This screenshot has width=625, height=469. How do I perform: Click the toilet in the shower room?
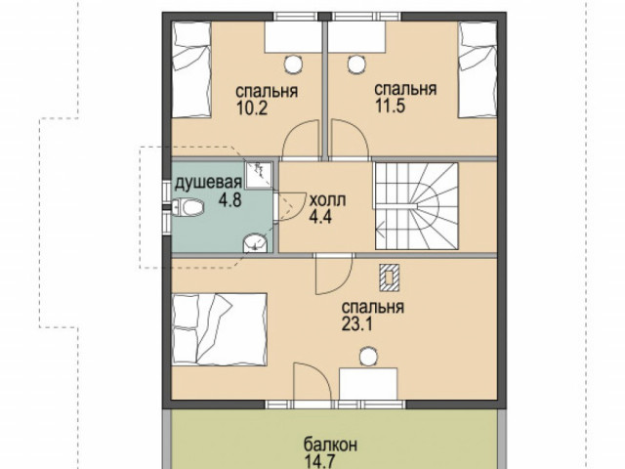pyautogui.click(x=188, y=207)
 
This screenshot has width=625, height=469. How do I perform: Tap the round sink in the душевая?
pyautogui.click(x=255, y=243)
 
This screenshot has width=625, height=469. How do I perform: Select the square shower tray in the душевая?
pyautogui.click(x=258, y=175)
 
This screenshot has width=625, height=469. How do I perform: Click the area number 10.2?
pyautogui.click(x=252, y=108)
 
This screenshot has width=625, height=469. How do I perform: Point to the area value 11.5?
pyautogui.click(x=391, y=107)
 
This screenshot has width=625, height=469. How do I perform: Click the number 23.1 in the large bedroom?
pyautogui.click(x=357, y=324)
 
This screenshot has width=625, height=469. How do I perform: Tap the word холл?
pyautogui.click(x=328, y=199)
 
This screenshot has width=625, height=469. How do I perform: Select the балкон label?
pyautogui.click(x=330, y=445)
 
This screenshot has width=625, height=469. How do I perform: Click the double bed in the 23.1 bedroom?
pyautogui.click(x=219, y=329)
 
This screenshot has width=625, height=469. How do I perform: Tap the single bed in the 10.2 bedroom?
pyautogui.click(x=191, y=69)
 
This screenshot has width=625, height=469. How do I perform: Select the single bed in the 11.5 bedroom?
pyautogui.click(x=478, y=69)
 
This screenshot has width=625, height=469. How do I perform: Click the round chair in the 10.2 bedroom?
pyautogui.click(x=293, y=64)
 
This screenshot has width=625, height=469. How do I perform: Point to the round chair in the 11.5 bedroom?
pyautogui.click(x=356, y=64)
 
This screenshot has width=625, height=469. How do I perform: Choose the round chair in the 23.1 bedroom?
pyautogui.click(x=368, y=356)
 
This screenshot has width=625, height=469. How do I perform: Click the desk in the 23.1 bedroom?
pyautogui.click(x=368, y=383)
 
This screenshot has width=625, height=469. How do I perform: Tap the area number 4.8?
pyautogui.click(x=229, y=199)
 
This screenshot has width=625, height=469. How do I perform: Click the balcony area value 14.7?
pyautogui.click(x=319, y=462)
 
